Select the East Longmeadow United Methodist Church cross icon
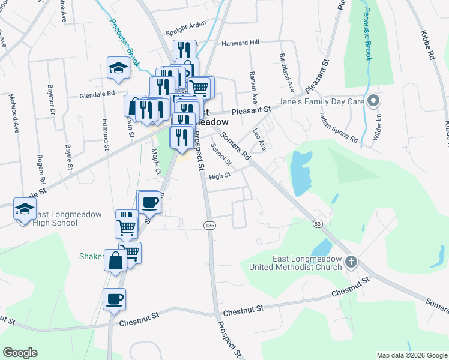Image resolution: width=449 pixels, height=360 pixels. (352, 262)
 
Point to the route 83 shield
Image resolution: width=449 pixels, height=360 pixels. (318, 223)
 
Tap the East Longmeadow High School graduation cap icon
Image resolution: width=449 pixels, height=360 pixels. (24, 209)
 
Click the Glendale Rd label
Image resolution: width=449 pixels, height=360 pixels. (97, 94)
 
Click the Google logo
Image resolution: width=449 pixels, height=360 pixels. (20, 353)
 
